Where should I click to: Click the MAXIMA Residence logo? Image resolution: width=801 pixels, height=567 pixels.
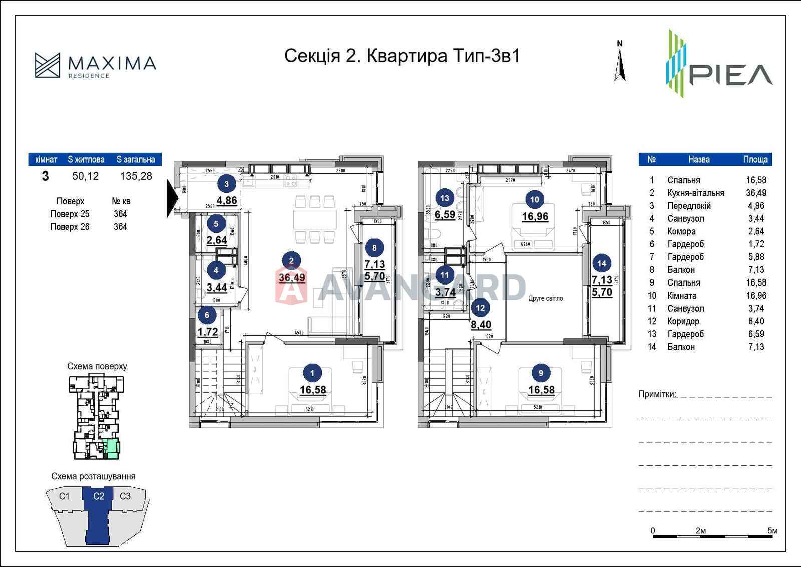(95, 66)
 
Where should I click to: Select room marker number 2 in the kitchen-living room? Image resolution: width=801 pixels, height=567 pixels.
(291, 260)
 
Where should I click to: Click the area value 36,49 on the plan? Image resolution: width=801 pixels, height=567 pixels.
(292, 278)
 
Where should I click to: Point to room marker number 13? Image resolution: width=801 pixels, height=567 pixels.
(444, 198)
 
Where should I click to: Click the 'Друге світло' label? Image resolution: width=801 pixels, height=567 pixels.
(545, 298)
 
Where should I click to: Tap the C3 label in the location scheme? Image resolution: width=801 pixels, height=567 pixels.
(125, 496)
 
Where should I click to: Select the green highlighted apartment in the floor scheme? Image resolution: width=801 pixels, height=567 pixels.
(113, 449)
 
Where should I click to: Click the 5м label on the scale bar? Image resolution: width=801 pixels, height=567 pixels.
(772, 531)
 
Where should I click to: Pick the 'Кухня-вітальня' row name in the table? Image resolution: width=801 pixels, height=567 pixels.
(695, 193)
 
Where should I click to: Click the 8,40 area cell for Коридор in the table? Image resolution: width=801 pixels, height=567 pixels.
(756, 321)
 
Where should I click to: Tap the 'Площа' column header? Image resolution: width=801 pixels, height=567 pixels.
(755, 159)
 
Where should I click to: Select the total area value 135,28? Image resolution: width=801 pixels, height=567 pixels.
(136, 176)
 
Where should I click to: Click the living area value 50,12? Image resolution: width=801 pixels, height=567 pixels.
(86, 176)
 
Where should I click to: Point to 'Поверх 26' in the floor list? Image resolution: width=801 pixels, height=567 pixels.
(70, 227)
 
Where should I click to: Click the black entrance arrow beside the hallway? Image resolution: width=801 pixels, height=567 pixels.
(172, 198)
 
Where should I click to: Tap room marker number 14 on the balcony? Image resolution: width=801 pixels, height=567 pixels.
(602, 263)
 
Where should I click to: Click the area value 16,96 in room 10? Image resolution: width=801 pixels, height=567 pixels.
(535, 217)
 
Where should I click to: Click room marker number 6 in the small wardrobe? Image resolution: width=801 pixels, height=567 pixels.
(207, 315)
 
